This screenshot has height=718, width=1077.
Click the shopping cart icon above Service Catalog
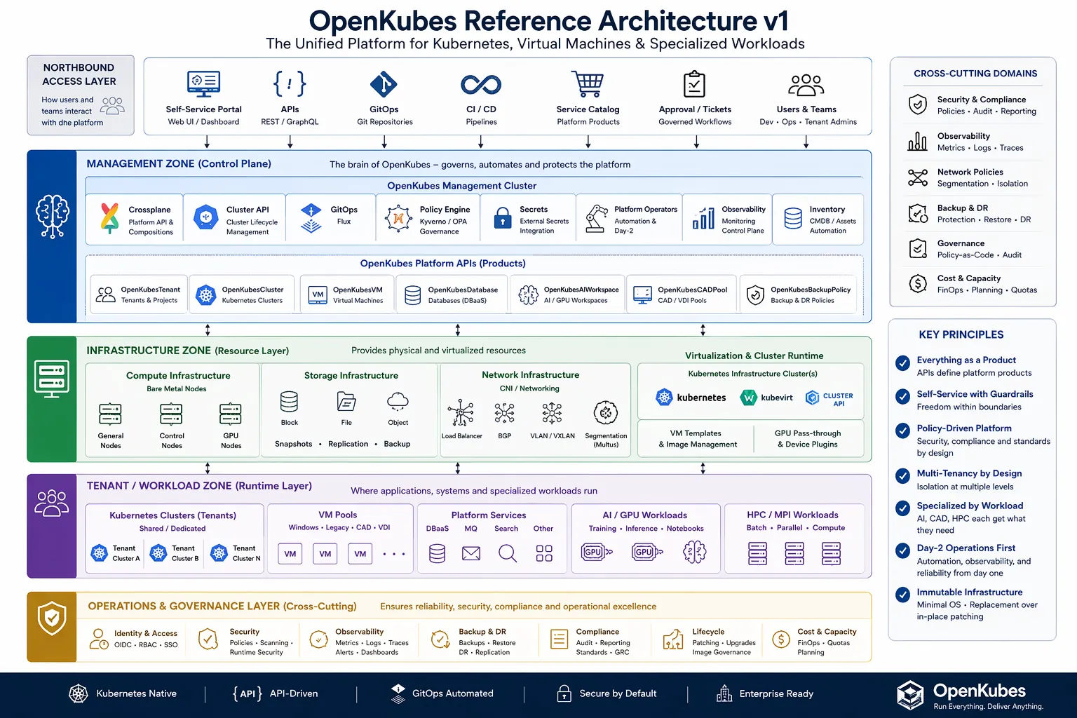coord(588,83)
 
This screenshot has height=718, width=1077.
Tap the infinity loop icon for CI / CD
coord(481,85)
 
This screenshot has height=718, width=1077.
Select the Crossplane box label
coord(149,210)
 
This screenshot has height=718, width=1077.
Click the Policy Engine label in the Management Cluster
coord(445,210)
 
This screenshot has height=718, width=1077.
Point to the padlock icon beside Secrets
coord(503,219)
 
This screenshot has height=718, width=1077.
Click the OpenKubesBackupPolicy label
coord(810,290)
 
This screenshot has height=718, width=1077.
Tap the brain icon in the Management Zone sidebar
coord(52,215)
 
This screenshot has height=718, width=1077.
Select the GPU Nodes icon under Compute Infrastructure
coord(231,414)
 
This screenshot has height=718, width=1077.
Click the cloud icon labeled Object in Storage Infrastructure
coord(398,402)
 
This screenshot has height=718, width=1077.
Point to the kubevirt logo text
coord(776,398)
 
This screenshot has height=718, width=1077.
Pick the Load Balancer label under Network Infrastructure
coord(461,436)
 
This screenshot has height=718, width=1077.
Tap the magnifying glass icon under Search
coord(507,554)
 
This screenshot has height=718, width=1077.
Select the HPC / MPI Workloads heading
coord(792,515)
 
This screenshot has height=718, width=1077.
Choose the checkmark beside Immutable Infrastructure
coord(902,595)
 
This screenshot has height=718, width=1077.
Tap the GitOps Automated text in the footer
coord(452,693)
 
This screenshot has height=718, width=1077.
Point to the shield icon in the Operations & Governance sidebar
coord(52,618)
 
